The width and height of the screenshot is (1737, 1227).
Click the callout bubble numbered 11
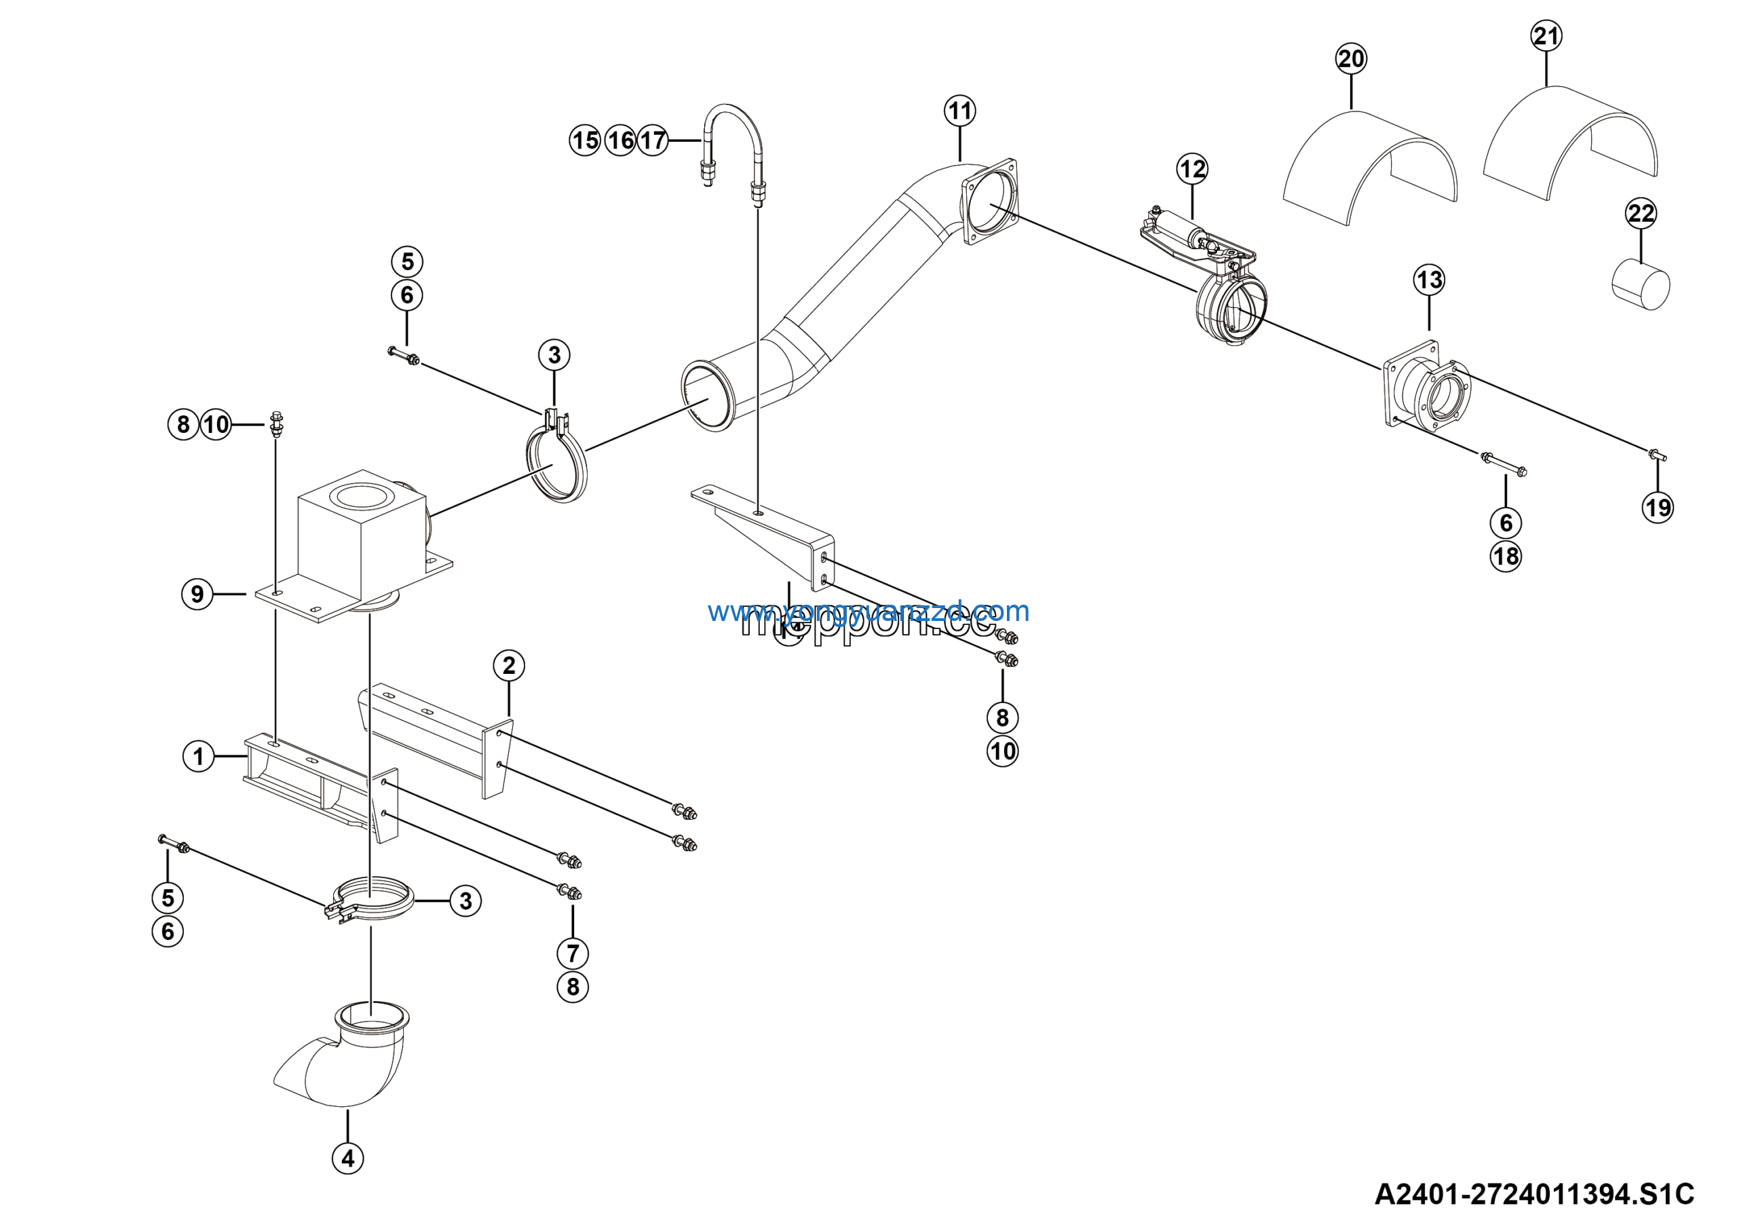pyautogui.click(x=959, y=111)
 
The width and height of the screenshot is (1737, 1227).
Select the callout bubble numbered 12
pyautogui.click(x=1192, y=169)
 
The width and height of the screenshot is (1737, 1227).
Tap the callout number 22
pyautogui.click(x=1641, y=213)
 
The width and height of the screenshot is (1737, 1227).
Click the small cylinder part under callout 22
pyautogui.click(x=1640, y=285)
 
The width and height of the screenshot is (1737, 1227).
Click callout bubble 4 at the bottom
pyautogui.click(x=348, y=1158)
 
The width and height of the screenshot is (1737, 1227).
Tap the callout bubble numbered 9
pyautogui.click(x=197, y=594)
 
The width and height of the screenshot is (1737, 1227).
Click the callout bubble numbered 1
pyautogui.click(x=198, y=757)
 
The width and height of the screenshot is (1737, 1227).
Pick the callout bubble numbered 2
pyautogui.click(x=508, y=666)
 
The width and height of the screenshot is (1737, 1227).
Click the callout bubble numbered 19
pyautogui.click(x=1658, y=508)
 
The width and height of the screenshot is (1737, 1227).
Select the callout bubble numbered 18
pyautogui.click(x=1506, y=556)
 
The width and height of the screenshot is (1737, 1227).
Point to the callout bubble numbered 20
pyautogui.click(x=1351, y=59)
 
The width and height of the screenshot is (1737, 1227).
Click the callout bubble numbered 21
pyautogui.click(x=1546, y=35)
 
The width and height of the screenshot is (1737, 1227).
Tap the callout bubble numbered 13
pyautogui.click(x=1429, y=280)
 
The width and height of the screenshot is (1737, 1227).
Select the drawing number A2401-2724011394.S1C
pyautogui.click(x=1534, y=1194)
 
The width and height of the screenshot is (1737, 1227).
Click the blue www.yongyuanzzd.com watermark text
pyautogui.click(x=868, y=611)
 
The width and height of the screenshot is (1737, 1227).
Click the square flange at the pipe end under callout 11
pyautogui.click(x=989, y=200)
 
